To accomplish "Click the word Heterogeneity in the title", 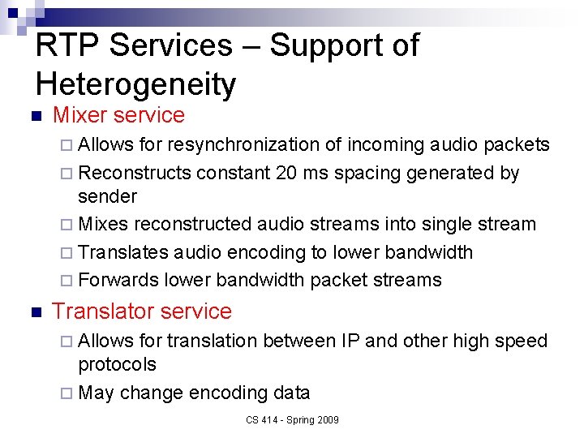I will (135, 84).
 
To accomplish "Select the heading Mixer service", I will (118, 115).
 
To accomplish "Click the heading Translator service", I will (142, 311).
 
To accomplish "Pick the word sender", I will (107, 196).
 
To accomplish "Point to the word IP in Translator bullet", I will (350, 341).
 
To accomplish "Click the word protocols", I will (117, 364).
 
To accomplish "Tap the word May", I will (97, 393).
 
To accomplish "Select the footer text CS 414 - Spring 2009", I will (291, 419).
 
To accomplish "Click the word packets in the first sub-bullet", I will (517, 144).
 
